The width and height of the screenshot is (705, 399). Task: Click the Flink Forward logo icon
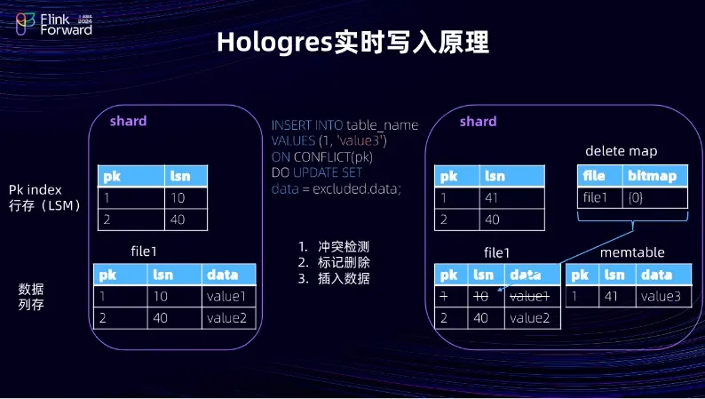tap(25, 24)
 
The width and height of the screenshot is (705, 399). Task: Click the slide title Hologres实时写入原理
tap(353, 43)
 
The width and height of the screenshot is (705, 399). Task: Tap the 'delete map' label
tap(621, 151)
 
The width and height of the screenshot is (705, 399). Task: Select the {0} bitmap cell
tap(655, 198)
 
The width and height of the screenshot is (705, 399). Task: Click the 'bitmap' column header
tap(655, 176)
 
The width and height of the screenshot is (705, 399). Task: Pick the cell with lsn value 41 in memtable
tap(617, 297)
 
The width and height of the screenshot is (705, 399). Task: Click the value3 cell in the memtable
tap(663, 297)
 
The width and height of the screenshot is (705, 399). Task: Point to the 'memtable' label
tap(632, 252)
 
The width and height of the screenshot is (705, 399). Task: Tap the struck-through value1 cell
tap(533, 297)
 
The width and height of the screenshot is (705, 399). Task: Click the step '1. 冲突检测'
tap(334, 246)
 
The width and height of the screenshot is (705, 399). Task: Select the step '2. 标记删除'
tap(334, 263)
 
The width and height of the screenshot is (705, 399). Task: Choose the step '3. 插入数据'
tap(334, 279)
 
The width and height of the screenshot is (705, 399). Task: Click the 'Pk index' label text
tap(35, 190)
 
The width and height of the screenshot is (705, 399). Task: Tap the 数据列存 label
tap(31, 297)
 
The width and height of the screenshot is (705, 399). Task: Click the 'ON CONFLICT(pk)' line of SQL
tap(322, 157)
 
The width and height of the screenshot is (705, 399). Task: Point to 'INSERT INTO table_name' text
tap(345, 125)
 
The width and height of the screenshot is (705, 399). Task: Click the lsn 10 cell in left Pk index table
tap(186, 198)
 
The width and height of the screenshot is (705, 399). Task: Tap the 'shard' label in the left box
tap(128, 121)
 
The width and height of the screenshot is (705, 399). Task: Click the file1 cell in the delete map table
tap(600, 198)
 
